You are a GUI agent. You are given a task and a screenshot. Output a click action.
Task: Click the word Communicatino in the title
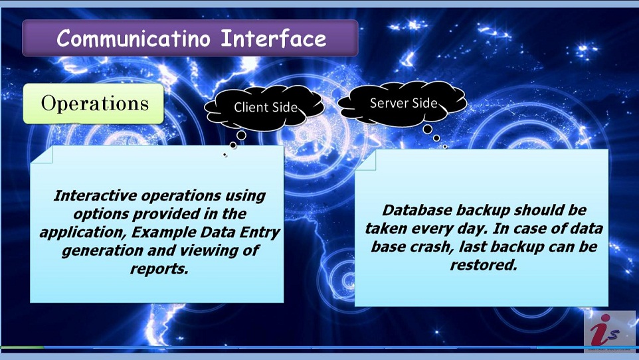point(134,39)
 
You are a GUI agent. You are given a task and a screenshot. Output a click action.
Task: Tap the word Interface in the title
point(274,39)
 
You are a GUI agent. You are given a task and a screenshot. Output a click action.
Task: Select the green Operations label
point(93,104)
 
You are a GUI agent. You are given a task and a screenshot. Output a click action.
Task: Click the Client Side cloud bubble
point(264,107)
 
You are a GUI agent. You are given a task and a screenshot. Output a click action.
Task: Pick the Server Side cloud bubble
point(403,103)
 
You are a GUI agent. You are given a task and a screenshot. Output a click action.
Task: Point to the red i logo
point(605,330)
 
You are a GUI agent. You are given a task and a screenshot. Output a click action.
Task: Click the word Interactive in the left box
point(96,196)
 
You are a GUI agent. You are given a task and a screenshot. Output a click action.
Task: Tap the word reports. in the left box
point(159,269)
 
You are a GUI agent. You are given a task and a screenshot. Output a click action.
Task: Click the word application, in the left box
point(84,232)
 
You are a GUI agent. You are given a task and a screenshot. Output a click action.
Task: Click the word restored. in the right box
point(484,266)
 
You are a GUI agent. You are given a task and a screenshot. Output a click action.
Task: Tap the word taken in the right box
point(387,228)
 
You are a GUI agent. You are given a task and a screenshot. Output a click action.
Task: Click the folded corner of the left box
point(42,155)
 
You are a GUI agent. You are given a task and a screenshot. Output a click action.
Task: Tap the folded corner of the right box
point(365,160)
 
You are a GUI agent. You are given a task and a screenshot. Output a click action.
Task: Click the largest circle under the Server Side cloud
point(428,130)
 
